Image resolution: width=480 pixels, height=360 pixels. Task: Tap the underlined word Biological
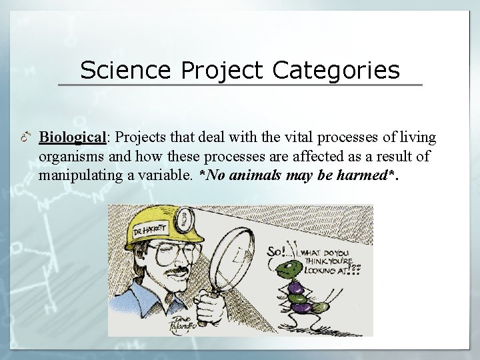point(73,137)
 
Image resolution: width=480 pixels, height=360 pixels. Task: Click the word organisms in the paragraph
point(69,157)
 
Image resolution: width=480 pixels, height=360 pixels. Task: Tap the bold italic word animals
point(253,176)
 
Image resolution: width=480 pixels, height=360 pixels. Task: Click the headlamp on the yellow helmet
point(181,217)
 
